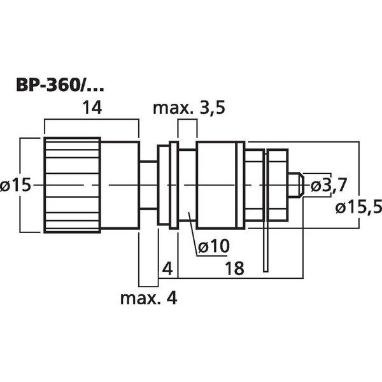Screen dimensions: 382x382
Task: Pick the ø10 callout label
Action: point(213,245)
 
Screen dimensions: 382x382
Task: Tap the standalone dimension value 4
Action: point(167,268)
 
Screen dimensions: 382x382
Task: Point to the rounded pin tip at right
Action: point(297,185)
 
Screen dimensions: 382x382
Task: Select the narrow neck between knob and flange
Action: point(149,185)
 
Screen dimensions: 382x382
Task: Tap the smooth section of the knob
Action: point(119,185)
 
